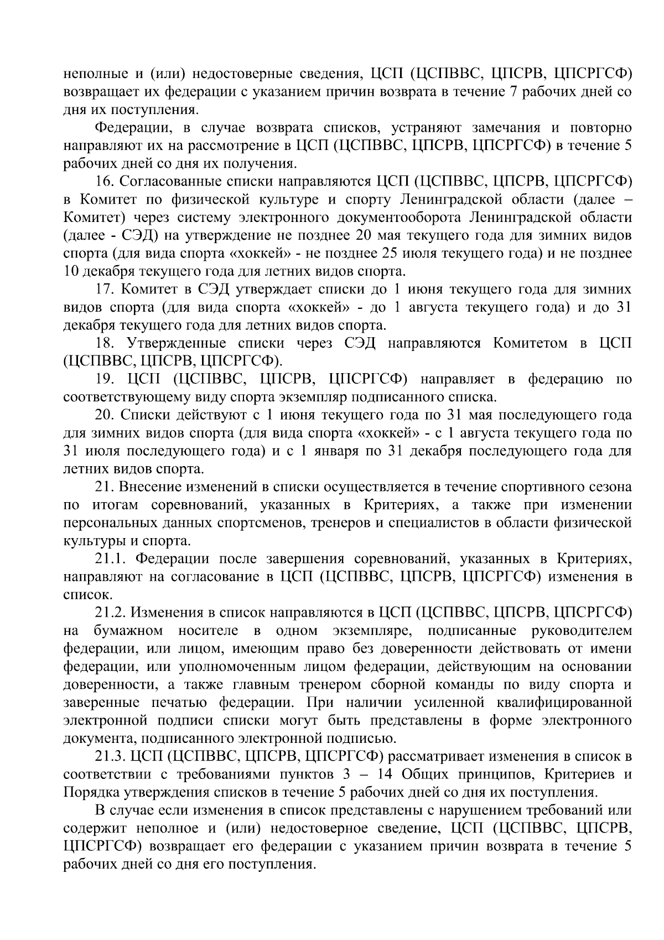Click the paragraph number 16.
(x=104, y=181)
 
